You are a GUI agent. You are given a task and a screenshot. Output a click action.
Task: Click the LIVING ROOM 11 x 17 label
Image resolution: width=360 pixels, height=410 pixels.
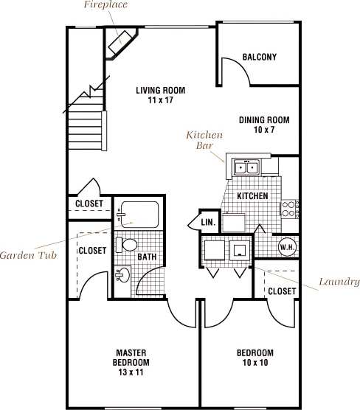pos(160,96)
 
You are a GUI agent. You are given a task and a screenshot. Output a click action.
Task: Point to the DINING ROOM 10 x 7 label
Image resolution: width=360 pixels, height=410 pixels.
pos(263,125)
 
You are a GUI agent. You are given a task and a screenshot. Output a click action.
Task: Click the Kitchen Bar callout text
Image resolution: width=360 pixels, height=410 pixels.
pos(204,141)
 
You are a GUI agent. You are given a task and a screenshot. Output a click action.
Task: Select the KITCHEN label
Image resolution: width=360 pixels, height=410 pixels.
pos(252,196)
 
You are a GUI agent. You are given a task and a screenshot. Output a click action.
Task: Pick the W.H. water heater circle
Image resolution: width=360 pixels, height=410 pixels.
pos(287,248)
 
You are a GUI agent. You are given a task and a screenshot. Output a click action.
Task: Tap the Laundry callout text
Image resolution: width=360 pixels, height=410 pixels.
pos(339,281)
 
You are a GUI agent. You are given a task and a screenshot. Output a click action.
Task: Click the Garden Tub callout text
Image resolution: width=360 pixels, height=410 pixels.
pos(30,255)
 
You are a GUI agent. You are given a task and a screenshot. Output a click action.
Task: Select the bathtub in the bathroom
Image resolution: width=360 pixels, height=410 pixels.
pos(141,214)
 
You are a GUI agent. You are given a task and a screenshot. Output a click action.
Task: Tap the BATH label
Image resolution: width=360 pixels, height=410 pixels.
pos(148,257)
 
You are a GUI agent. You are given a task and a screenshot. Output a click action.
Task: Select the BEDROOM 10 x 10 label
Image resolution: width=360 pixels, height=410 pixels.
pos(255,358)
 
